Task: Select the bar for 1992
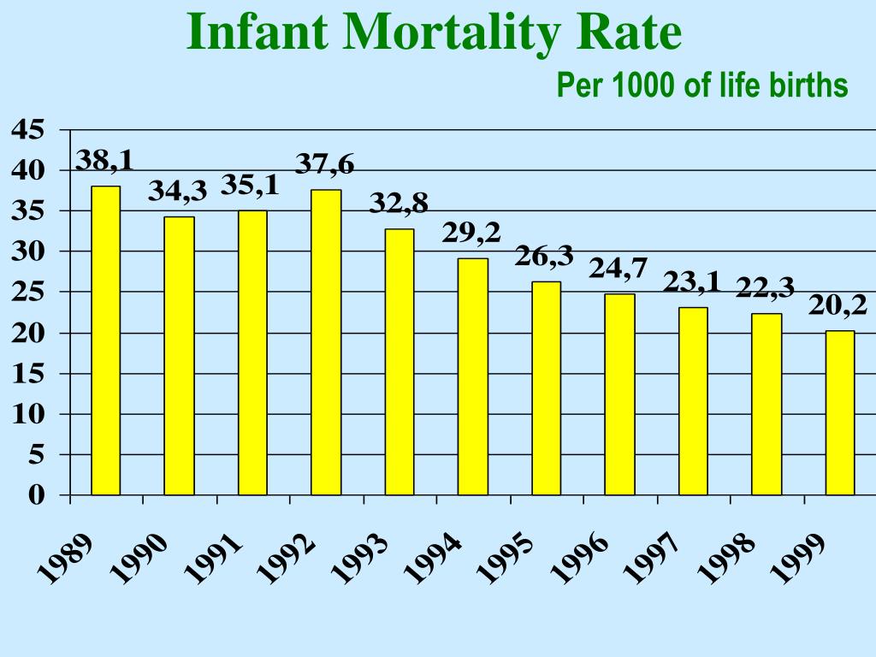coord(326,342)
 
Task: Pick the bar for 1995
coord(547,388)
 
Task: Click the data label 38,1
coord(104,160)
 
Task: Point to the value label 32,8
coord(399,204)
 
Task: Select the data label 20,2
coord(838,305)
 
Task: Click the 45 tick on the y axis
coord(27,130)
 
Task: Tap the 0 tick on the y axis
coord(34,495)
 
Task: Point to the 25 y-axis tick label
coord(27,293)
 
